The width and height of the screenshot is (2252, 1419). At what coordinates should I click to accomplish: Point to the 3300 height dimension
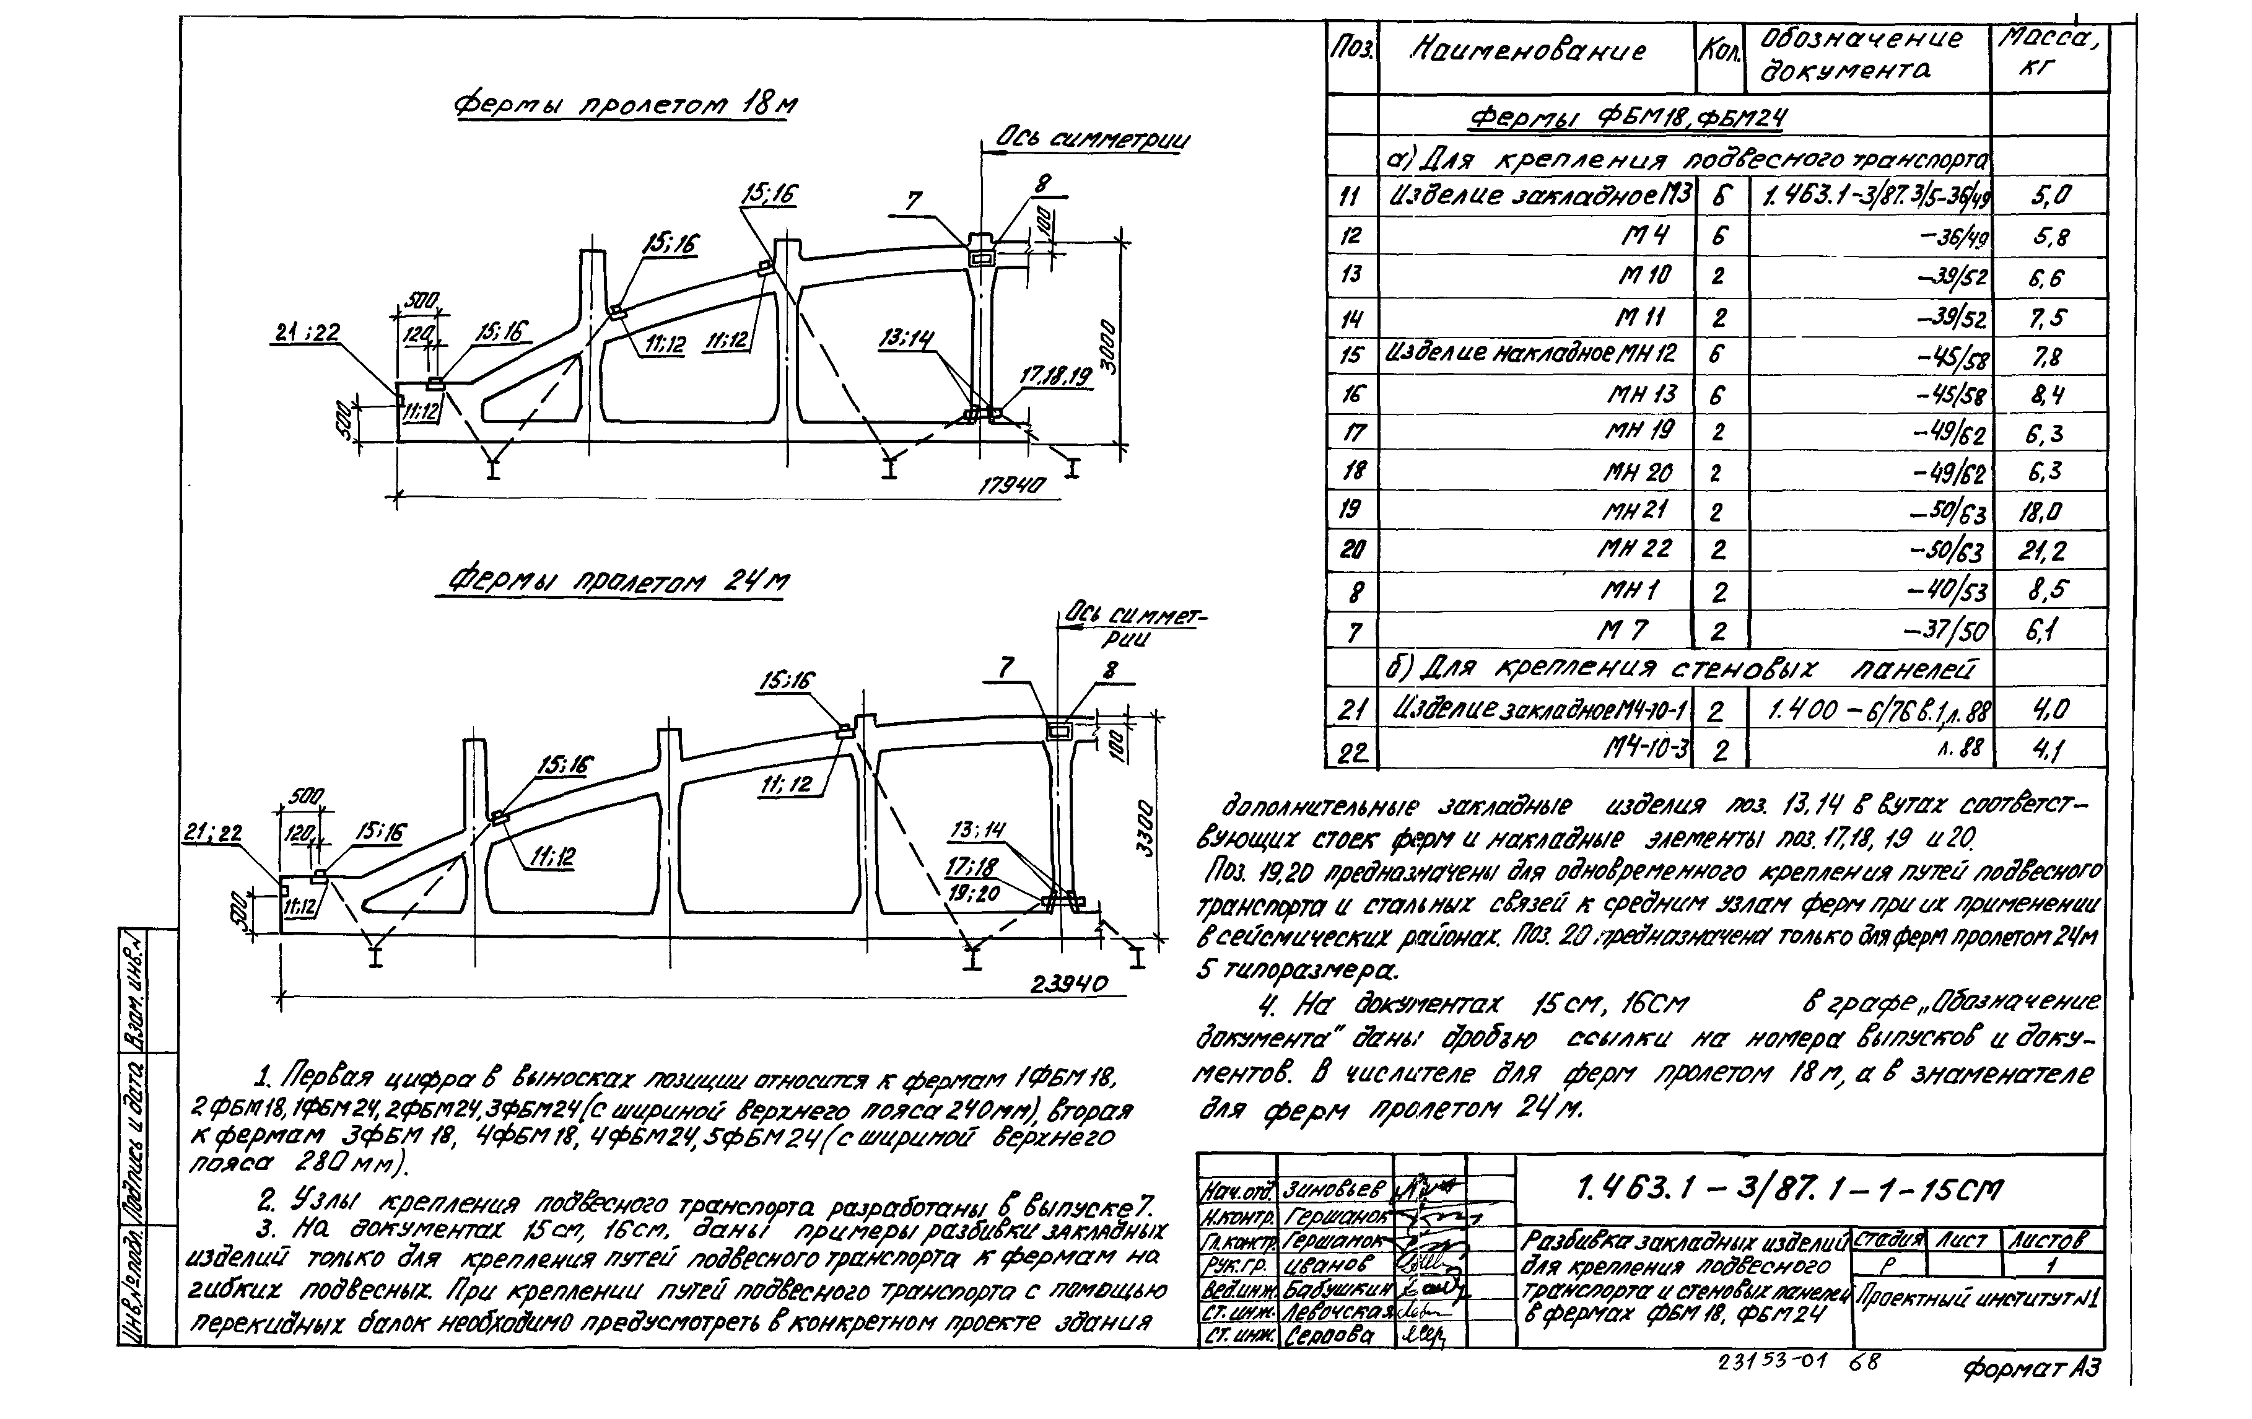point(1146,829)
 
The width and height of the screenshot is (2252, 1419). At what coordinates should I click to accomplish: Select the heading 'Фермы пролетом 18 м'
point(625,105)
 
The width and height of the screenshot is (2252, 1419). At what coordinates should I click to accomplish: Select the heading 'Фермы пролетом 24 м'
point(616,583)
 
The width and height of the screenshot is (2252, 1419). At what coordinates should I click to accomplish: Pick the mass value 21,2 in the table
point(2041,551)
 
